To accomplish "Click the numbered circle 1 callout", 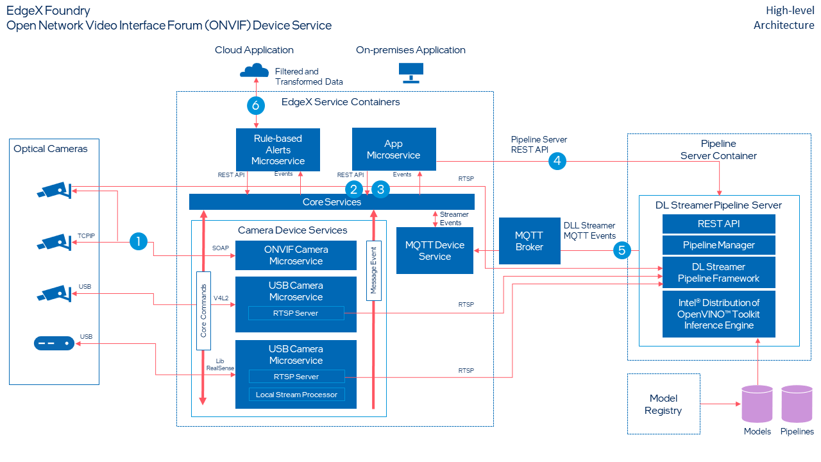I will pyautogui.click(x=138, y=241).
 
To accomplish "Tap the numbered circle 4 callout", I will pyautogui.click(x=557, y=161).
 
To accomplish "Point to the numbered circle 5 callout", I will pyautogui.click(x=621, y=250).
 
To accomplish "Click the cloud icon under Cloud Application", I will pyautogui.click(x=253, y=69).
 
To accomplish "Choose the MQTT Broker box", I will pyautogui.click(x=529, y=241).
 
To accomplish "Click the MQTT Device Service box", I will pyautogui.click(x=434, y=250).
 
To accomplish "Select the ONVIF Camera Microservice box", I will pyautogui.click(x=296, y=255).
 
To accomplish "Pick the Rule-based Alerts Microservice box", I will pyautogui.click(x=278, y=150).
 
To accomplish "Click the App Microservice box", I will pyautogui.click(x=394, y=150).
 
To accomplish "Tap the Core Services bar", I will pyautogui.click(x=332, y=202).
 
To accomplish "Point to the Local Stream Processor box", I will pyautogui.click(x=296, y=395).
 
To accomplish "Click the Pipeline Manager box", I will pyautogui.click(x=718, y=245).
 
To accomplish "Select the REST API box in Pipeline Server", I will pyautogui.click(x=718, y=224).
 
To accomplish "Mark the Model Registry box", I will pyautogui.click(x=663, y=404).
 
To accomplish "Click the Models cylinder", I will pyautogui.click(x=757, y=405).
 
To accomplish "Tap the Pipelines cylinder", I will pyautogui.click(x=797, y=405).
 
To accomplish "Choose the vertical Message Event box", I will pyautogui.click(x=373, y=271).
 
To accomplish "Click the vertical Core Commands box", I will pyautogui.click(x=203, y=311).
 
